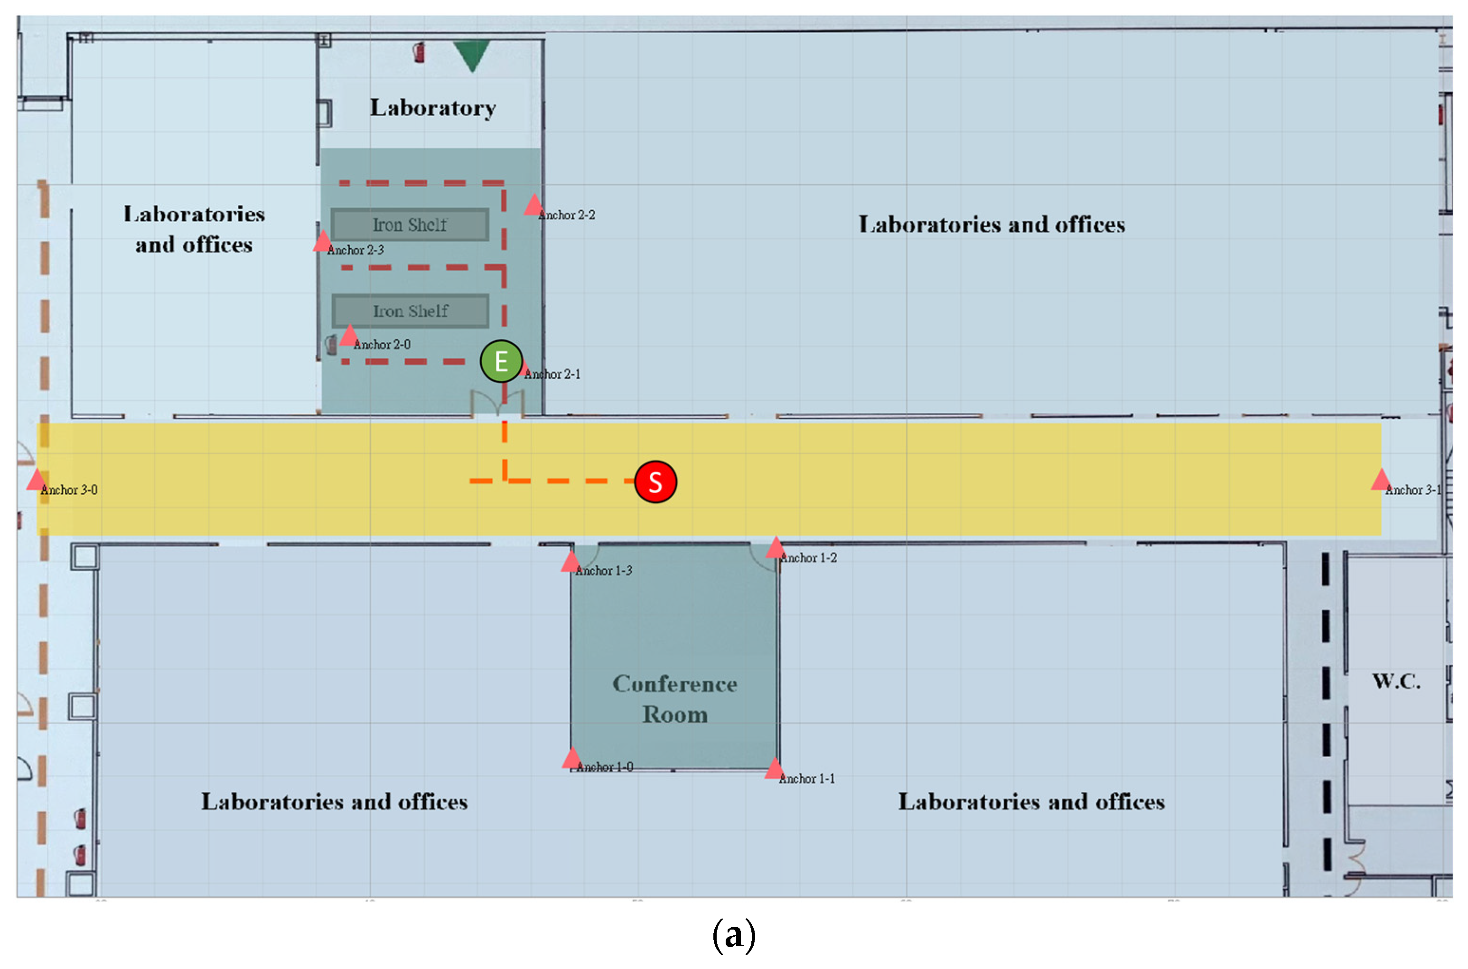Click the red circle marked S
click(655, 481)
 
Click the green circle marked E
click(501, 361)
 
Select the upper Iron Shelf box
click(410, 225)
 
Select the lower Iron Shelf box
click(410, 311)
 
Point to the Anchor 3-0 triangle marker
click(37, 480)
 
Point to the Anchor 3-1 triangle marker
click(1380, 480)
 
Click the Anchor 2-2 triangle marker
click(533, 206)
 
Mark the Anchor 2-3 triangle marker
click(322, 242)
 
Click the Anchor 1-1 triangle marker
click(774, 770)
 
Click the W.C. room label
click(1396, 681)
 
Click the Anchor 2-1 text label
click(553, 375)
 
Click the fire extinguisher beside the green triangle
click(420, 52)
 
